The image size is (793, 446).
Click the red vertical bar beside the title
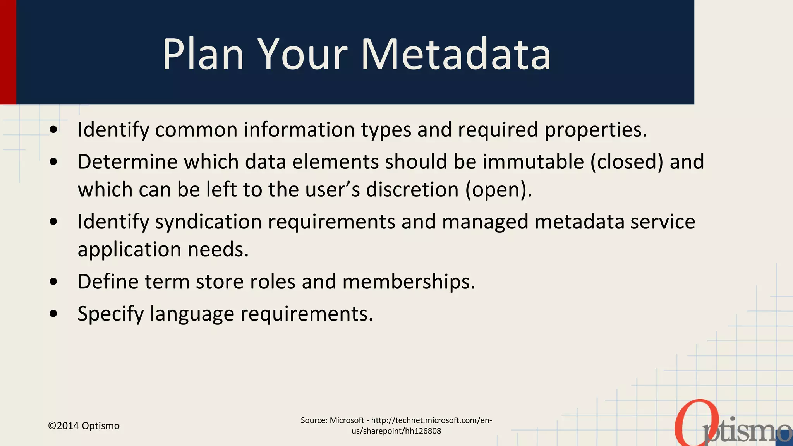8,52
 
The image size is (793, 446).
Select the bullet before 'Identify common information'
54,130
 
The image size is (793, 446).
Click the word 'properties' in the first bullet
596,130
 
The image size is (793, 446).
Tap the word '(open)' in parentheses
498,190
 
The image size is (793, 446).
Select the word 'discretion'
412,190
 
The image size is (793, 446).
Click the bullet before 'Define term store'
54,282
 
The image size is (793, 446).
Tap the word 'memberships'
409,281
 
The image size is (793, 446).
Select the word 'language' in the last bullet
192,314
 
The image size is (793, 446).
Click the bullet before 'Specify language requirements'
54,314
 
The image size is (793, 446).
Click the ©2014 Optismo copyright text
84,426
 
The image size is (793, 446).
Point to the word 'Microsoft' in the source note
347,420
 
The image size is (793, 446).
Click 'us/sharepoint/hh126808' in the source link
396,431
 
